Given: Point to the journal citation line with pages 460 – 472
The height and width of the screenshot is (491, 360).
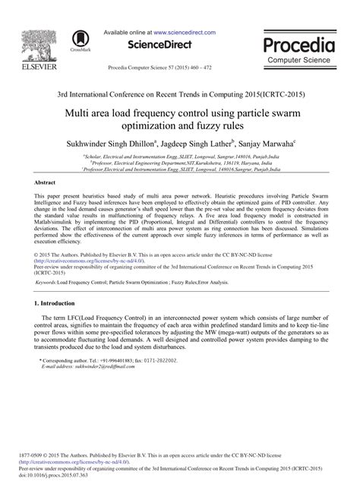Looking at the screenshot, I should tap(179, 68).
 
